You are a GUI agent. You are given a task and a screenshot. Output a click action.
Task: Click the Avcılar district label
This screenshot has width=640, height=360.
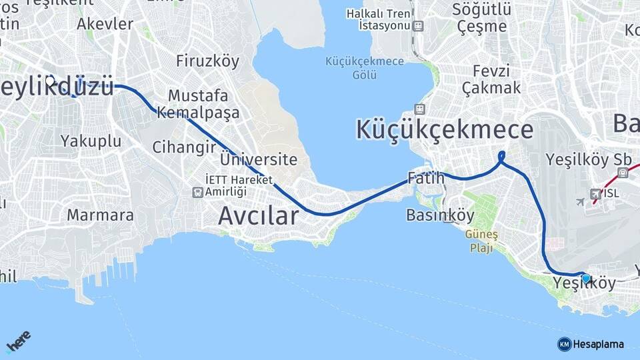[x=259, y=216]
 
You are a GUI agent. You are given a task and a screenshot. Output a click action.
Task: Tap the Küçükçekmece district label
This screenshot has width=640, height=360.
[x=444, y=129]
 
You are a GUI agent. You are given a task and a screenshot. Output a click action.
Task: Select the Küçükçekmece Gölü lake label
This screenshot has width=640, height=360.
[x=365, y=67]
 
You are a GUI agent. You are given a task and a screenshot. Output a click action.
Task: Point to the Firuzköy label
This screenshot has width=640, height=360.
[x=207, y=61]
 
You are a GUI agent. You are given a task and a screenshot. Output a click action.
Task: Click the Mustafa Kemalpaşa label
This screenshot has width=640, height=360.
[x=198, y=104]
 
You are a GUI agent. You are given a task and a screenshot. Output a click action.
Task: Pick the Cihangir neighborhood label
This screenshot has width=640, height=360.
[x=184, y=147]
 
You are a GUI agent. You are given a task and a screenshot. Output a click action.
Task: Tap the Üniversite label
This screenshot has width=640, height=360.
[x=259, y=160]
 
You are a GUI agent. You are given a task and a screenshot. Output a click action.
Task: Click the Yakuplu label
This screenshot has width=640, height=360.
[x=91, y=141]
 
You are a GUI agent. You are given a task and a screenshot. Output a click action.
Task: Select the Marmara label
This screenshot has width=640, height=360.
[x=100, y=215]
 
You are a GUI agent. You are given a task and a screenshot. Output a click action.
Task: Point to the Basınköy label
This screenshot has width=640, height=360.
[x=440, y=215]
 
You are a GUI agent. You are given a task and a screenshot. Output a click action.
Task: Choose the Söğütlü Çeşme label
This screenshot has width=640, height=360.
[x=482, y=18]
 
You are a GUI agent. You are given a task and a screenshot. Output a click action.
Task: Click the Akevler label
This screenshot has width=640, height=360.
[x=105, y=24]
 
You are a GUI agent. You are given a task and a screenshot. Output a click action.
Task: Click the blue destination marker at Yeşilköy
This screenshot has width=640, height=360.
[x=585, y=278]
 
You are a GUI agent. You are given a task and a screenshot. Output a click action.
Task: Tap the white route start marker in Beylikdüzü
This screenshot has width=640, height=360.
[x=50, y=79]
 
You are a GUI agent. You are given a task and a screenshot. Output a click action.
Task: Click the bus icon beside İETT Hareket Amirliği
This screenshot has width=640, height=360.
[x=197, y=192]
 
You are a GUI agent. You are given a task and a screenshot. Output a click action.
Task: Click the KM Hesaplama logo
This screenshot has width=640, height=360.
[x=591, y=344]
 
